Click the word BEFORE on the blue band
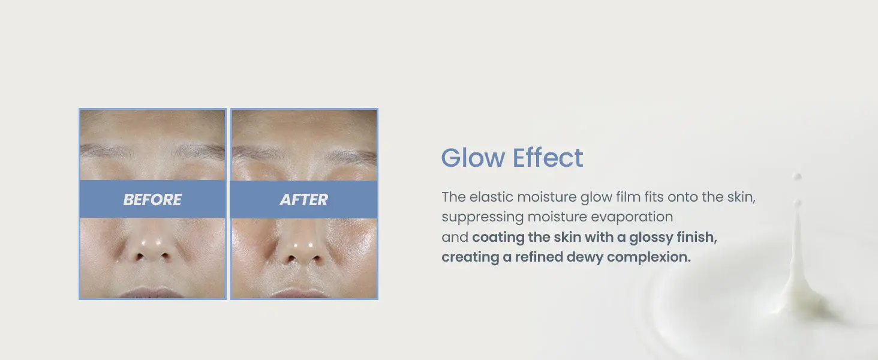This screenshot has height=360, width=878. pos(152,200)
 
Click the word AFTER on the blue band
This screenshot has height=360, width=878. pos(304,200)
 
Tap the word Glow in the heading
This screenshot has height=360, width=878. pos(473,158)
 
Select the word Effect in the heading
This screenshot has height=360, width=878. pos(548,158)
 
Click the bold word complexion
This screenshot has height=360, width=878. pos(649,257)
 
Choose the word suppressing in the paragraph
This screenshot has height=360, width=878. pos(483,217)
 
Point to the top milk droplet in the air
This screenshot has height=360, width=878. pos(797,176)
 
